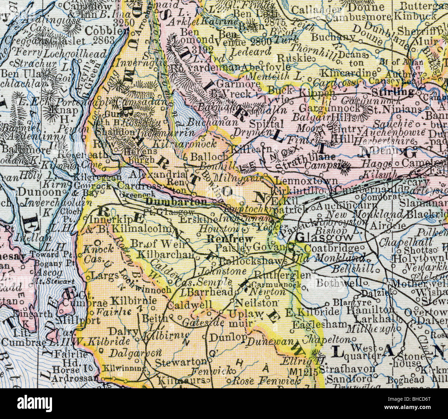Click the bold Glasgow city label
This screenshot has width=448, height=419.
325,237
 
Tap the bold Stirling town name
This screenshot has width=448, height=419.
393,92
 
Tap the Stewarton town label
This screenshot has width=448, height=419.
180,362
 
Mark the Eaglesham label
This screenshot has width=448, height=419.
319,324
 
